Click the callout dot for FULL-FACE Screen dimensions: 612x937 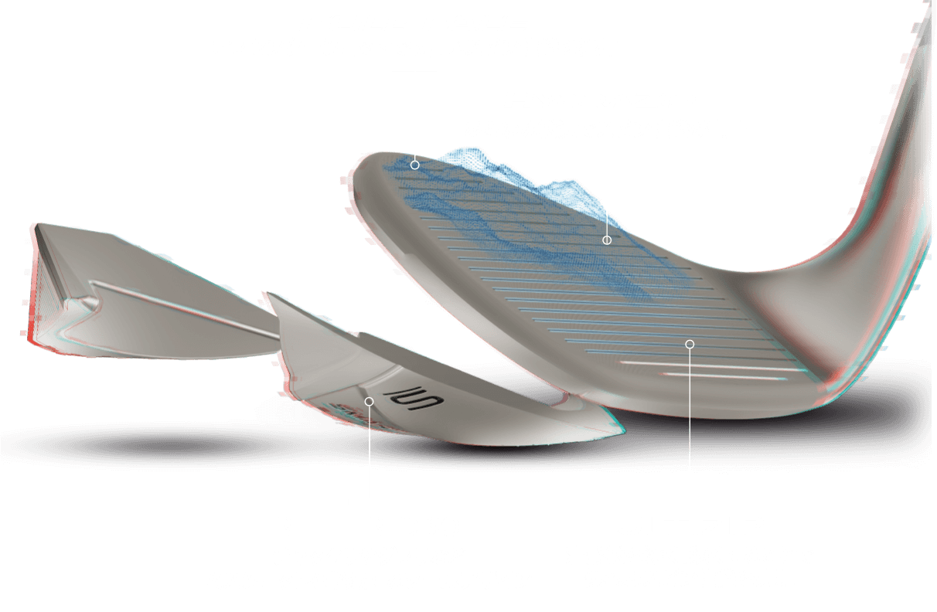click(415, 165)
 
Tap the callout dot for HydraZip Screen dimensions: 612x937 click(607, 240)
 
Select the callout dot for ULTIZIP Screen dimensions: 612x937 click(690, 343)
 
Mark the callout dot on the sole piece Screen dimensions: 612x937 click(370, 401)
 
